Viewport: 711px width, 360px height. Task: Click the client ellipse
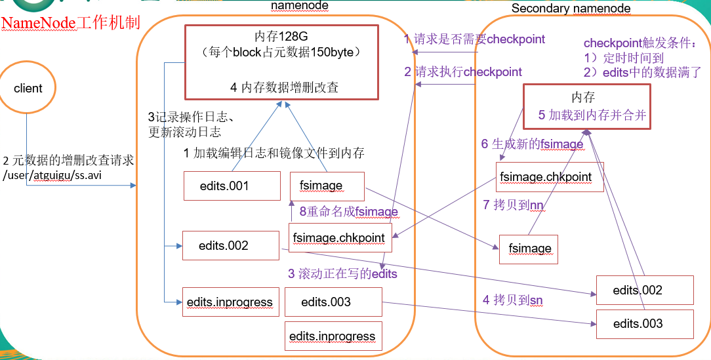tap(28, 88)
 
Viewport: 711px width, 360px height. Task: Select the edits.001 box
tap(224, 186)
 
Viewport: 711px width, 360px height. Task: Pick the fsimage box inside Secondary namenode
tap(529, 249)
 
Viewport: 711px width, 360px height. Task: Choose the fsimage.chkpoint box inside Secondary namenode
tap(549, 177)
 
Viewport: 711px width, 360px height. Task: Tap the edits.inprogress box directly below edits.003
tap(333, 336)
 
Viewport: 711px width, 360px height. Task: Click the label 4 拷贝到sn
tap(512, 300)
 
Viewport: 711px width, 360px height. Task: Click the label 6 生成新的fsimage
tap(532, 144)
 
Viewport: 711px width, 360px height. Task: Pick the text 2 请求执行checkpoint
tap(463, 72)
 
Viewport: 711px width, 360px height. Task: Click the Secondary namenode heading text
tap(571, 9)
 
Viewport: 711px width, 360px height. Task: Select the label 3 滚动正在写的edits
tap(342, 274)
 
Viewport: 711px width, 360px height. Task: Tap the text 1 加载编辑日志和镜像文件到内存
tap(274, 153)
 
